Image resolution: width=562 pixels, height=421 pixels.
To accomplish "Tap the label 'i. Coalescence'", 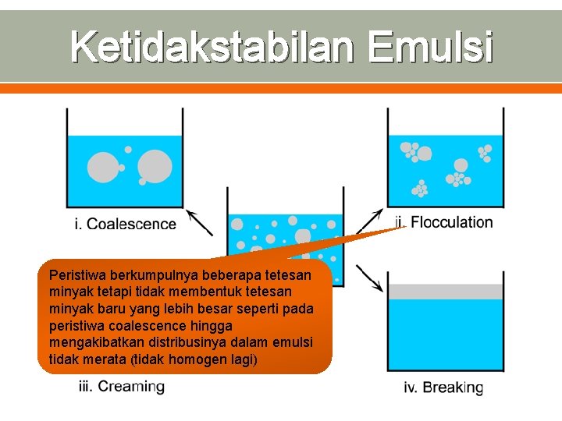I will (126, 225).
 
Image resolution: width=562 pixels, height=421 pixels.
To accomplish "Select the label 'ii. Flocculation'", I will (444, 222).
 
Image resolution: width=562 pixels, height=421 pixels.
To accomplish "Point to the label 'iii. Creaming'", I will (122, 386).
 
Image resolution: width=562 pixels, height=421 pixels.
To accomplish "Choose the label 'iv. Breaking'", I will (443, 387).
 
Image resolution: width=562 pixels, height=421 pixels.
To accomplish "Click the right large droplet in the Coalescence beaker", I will (155, 165).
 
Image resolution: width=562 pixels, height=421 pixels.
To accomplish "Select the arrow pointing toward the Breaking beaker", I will (369, 278).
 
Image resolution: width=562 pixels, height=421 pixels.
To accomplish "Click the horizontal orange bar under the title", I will (281, 89).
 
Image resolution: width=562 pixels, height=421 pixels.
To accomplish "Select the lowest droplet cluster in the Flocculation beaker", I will (421, 188).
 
